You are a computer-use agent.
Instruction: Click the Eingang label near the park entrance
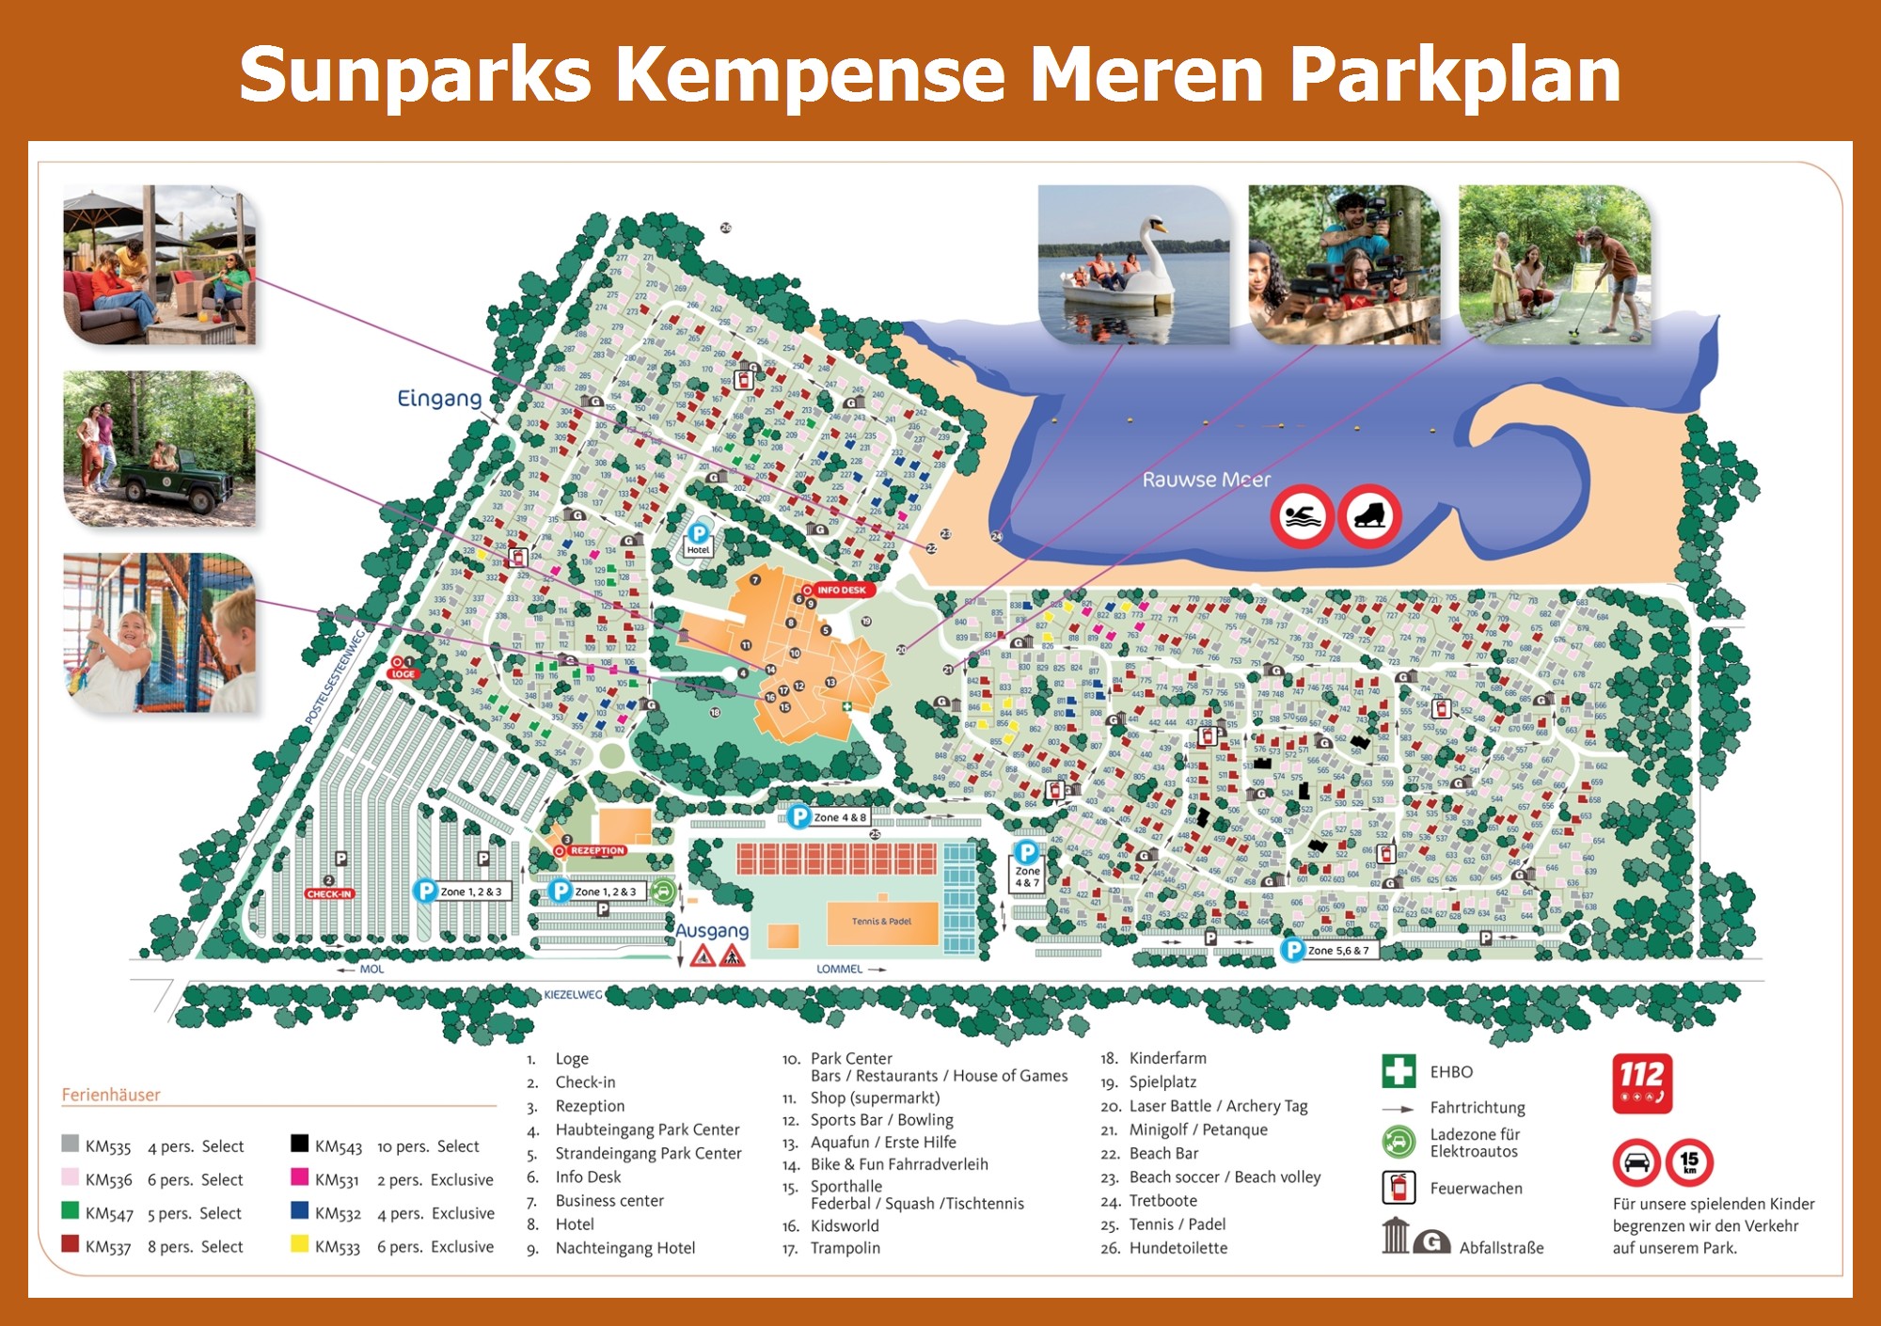pos(439,398)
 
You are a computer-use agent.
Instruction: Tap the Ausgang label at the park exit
pos(712,930)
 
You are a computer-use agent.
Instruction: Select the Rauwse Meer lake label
pos(1206,480)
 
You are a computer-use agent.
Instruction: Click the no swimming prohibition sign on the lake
pos(1302,516)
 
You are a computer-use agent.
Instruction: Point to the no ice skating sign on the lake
pos(1370,516)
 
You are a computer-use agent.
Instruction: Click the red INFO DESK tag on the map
pos(840,591)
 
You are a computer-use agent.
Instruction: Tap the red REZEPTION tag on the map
pos(596,850)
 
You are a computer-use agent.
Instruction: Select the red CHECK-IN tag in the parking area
pos(329,893)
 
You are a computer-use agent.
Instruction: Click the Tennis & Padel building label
pos(881,922)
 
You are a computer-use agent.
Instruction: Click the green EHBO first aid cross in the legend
pos(1399,1071)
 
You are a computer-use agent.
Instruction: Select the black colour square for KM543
pos(299,1144)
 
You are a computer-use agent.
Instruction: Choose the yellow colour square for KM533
pos(299,1244)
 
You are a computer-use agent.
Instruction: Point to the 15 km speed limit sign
pos(1689,1162)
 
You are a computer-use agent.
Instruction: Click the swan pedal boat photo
pos(1133,265)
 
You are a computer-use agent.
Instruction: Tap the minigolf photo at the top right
pos(1555,265)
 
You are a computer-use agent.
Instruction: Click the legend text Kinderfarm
pos(1167,1058)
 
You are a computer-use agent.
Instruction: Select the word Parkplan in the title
pos(1455,74)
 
